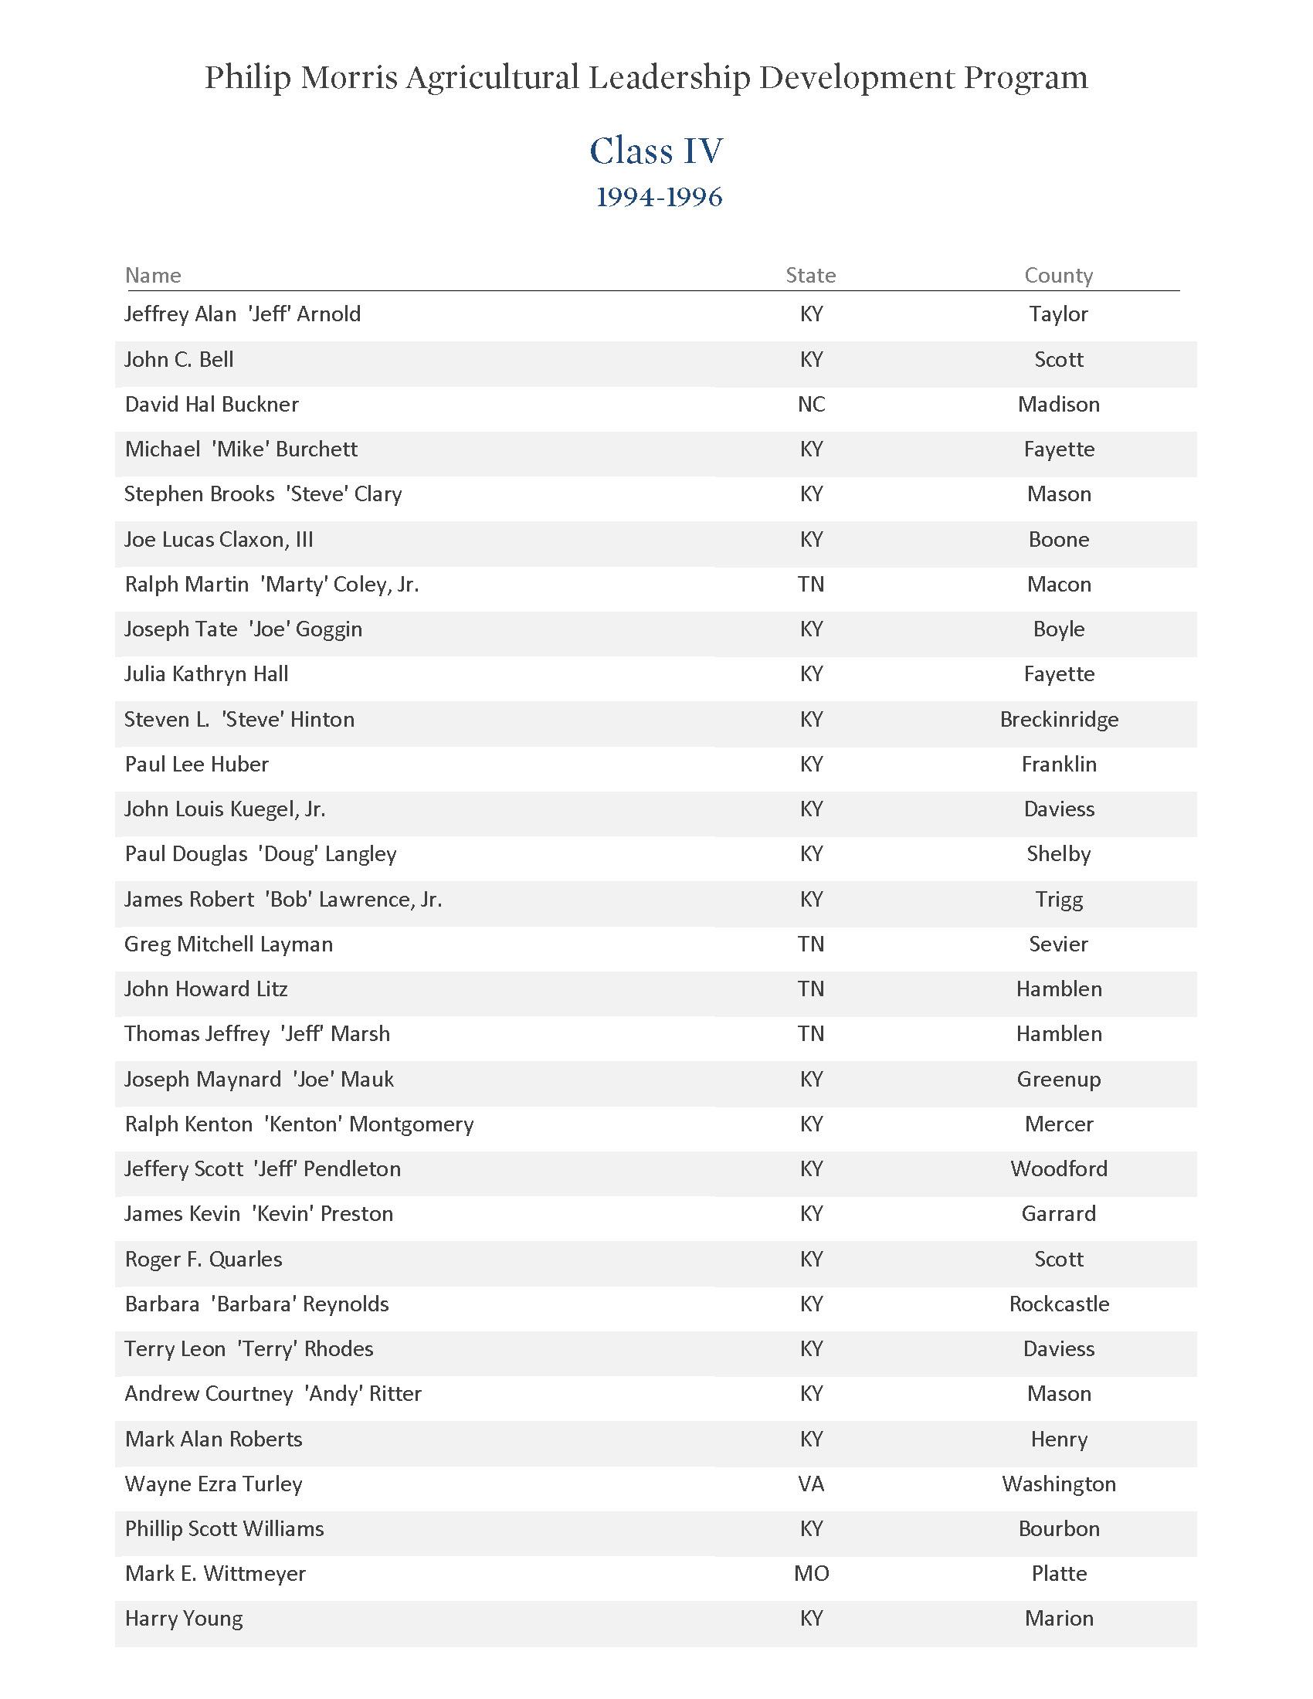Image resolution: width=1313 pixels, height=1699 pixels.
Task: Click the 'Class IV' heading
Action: pos(656,151)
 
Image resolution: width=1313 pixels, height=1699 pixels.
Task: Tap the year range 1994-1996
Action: pos(659,198)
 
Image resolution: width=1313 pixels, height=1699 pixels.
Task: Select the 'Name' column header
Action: pos(153,276)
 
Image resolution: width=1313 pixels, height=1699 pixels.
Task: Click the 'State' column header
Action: pos(810,276)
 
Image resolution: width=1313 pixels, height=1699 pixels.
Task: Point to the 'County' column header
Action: pos(1059,276)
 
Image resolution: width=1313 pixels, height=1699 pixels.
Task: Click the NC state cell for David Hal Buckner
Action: pos(811,405)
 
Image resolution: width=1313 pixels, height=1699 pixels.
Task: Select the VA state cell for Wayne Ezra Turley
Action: pos(811,1484)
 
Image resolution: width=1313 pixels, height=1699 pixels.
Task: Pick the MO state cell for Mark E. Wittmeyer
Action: pos(811,1574)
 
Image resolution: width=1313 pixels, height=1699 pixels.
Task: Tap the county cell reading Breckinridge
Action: pos(1059,720)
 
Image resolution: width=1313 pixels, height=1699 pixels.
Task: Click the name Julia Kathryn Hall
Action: pos(206,674)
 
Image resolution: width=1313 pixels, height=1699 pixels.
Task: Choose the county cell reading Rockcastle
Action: pos(1059,1304)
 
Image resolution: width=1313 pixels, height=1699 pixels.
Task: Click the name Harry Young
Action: pos(184,1619)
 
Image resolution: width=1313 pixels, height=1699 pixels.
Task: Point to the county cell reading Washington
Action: pos(1059,1484)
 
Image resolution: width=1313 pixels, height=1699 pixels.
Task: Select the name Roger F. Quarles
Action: pos(203,1259)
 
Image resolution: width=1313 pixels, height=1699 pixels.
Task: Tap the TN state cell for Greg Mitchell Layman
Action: pos(811,944)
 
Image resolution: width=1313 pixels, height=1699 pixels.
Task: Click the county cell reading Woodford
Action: pos(1059,1168)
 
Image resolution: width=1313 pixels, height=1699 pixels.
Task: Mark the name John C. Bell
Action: pos(179,359)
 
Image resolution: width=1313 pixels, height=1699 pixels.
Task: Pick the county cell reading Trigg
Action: pos(1059,899)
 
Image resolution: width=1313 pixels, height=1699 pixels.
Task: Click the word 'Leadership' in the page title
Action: pos(668,78)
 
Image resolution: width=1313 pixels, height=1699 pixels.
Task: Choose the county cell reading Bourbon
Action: pos(1059,1528)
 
